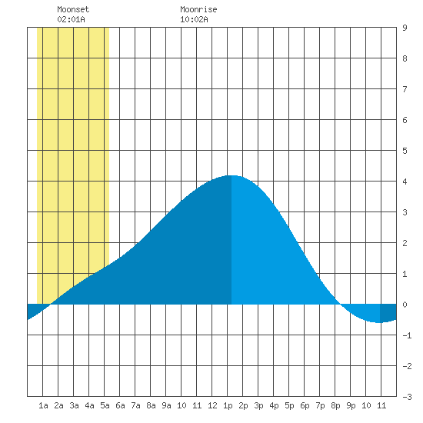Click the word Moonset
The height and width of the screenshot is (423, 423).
tap(73, 9)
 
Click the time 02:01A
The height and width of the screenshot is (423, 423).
tap(72, 19)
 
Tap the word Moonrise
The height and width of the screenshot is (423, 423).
tap(198, 9)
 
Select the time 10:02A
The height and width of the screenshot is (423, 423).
tap(195, 19)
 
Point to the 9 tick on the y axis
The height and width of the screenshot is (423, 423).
tap(405, 28)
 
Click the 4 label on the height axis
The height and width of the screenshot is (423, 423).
tap(405, 182)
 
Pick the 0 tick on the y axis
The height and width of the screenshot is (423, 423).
tap(405, 305)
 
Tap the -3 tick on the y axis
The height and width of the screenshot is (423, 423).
tap(408, 397)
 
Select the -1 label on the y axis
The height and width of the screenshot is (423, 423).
tap(408, 335)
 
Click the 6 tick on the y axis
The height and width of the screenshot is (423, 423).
tap(405, 120)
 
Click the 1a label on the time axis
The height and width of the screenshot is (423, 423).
tap(43, 405)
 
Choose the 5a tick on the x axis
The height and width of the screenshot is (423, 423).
tap(105, 405)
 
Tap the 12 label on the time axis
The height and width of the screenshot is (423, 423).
tap(212, 405)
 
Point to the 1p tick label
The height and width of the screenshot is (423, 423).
tap(228, 405)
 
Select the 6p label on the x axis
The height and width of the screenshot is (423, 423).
tap(305, 405)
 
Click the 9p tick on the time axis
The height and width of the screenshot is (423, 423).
tap(351, 405)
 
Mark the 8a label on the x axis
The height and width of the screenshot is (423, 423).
tap(151, 405)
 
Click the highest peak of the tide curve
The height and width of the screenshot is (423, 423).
tap(231, 175)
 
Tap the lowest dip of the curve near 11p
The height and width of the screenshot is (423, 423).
tap(380, 322)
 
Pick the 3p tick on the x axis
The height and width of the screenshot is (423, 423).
tap(258, 405)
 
